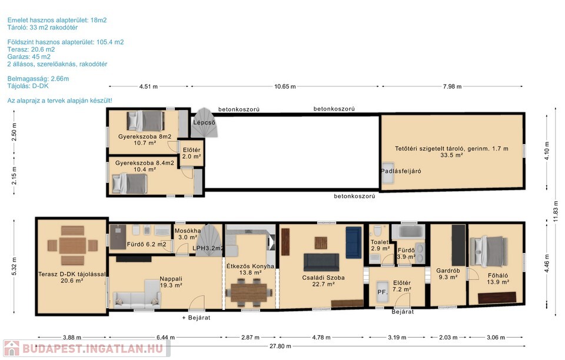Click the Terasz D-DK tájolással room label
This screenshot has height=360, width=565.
[72, 277]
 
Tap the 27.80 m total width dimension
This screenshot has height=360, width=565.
[280, 346]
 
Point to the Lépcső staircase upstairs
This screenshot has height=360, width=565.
[204, 122]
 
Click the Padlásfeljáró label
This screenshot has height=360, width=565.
[401, 171]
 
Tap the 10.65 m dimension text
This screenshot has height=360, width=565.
[285, 86]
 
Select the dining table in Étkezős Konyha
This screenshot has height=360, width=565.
[248, 293]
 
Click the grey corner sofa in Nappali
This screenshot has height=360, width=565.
[137, 295]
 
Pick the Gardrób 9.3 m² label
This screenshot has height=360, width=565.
[448, 274]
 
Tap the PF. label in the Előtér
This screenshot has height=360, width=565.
[382, 292]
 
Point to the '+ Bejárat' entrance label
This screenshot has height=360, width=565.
[196, 318]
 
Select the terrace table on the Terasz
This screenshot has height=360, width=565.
[73, 245]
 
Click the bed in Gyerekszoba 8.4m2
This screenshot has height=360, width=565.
[129, 184]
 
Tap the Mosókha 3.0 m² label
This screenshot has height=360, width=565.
[188, 234]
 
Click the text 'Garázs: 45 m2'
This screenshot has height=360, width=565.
[29, 56]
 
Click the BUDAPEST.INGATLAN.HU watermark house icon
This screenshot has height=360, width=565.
[11, 348]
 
